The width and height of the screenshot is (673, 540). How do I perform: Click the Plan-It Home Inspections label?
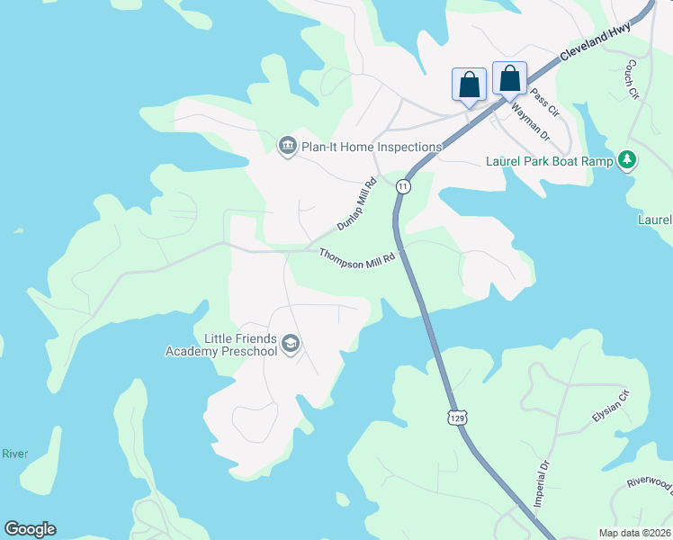[x=372, y=147]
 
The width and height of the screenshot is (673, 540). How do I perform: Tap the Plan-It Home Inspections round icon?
[x=287, y=146]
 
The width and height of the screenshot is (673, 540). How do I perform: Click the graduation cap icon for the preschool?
[x=291, y=344]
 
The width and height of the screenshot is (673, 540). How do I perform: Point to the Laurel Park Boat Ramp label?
[x=549, y=161]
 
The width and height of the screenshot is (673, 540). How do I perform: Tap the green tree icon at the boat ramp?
[x=628, y=160]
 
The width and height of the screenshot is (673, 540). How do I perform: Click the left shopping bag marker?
[x=469, y=85]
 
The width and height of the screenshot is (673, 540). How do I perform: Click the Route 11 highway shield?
[x=402, y=185]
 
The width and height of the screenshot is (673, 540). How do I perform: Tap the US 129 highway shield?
[x=458, y=418]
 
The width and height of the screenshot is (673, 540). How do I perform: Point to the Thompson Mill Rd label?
[x=357, y=256]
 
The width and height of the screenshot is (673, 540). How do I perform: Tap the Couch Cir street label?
[x=633, y=79]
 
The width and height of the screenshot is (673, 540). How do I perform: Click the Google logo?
[x=30, y=529]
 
